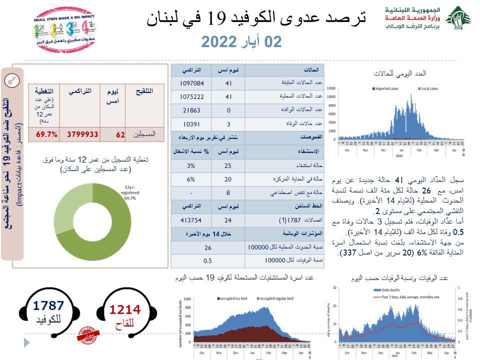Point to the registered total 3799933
pos(80,134)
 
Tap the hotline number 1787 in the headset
pos(48,305)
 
